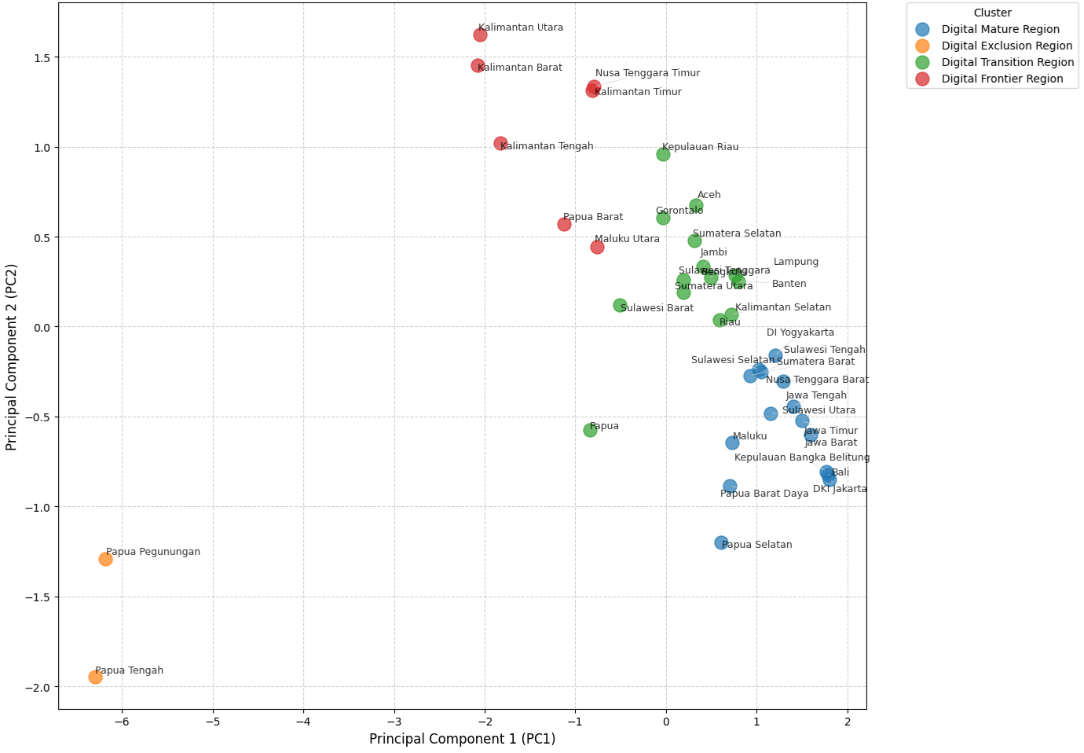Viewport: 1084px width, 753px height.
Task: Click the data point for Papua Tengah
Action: point(95,677)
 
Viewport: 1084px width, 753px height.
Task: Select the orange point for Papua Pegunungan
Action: point(105,559)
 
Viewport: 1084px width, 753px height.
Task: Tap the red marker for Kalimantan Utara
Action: point(480,35)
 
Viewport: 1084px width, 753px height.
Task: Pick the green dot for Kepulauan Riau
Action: point(663,154)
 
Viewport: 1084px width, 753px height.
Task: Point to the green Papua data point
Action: point(590,430)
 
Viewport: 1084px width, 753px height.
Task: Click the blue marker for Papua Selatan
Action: point(721,542)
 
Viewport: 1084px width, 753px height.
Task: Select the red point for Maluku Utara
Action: point(597,247)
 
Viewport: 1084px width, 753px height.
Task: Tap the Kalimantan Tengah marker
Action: point(500,143)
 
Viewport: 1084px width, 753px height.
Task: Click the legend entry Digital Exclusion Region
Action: point(1007,46)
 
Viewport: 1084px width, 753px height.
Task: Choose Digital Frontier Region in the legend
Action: point(1002,79)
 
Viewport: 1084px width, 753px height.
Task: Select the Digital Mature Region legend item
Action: point(1000,29)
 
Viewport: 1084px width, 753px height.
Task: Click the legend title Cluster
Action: point(992,13)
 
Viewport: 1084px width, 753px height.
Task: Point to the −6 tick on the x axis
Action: point(123,722)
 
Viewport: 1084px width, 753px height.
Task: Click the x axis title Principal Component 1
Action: point(462,739)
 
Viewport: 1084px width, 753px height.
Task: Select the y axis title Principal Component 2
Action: point(11,368)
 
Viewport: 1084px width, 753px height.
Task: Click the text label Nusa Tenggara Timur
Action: point(647,73)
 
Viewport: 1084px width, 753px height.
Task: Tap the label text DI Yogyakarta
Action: point(800,332)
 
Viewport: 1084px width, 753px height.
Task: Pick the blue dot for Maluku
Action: point(732,443)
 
